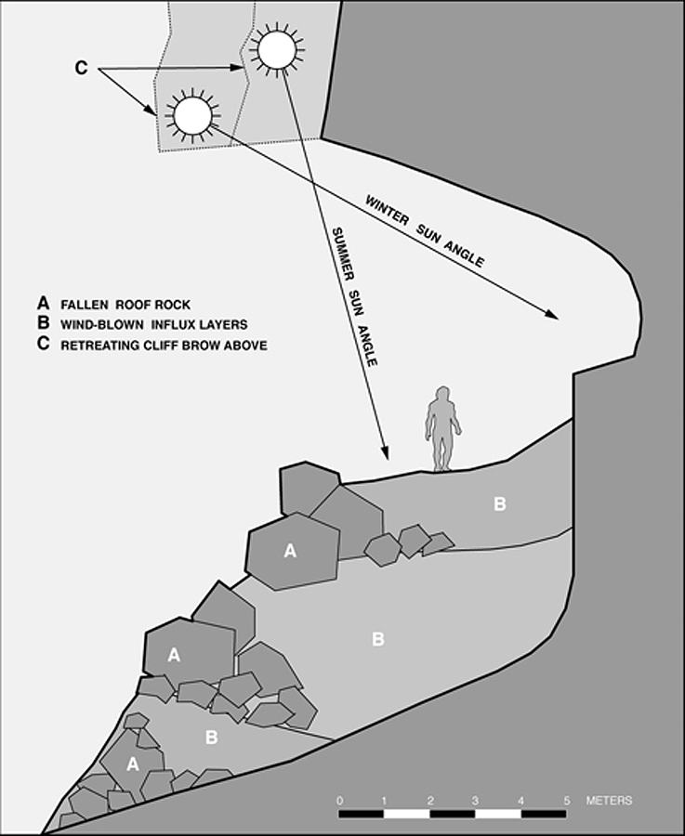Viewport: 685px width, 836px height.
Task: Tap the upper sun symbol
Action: (277, 49)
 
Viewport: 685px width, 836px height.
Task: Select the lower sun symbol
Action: (193, 115)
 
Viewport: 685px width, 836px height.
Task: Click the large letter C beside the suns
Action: (82, 69)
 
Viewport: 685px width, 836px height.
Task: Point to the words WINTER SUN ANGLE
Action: (424, 231)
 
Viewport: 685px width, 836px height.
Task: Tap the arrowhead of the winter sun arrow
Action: (554, 316)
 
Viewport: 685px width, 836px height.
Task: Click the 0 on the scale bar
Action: (340, 800)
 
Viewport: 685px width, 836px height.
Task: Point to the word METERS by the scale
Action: (610, 800)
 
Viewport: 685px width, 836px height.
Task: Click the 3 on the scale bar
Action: (475, 800)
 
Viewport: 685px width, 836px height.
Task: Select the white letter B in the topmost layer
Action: (500, 504)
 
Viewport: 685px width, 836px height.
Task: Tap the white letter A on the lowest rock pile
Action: (132, 764)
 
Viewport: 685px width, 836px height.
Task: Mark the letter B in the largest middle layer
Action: (378, 639)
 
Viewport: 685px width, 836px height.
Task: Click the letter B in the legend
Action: (42, 324)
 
